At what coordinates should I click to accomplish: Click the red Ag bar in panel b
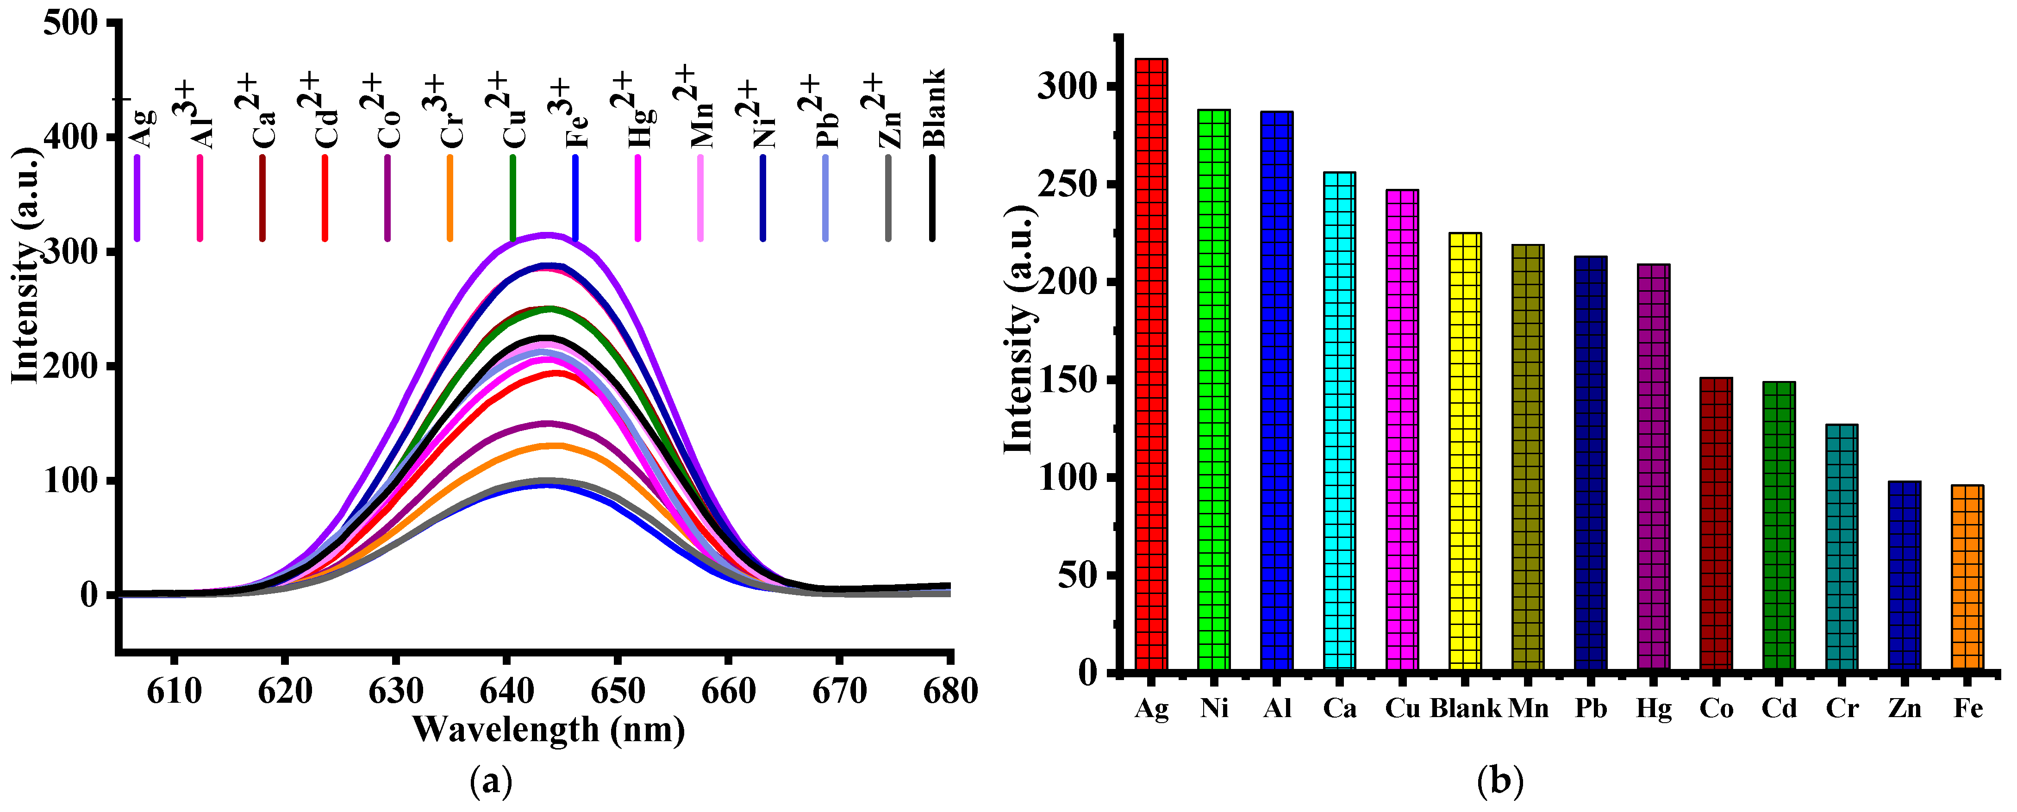[1151, 364]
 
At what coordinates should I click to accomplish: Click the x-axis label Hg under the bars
[1653, 709]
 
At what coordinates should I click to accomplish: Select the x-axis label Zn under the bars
[1904, 709]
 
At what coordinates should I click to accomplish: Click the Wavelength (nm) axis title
[548, 730]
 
